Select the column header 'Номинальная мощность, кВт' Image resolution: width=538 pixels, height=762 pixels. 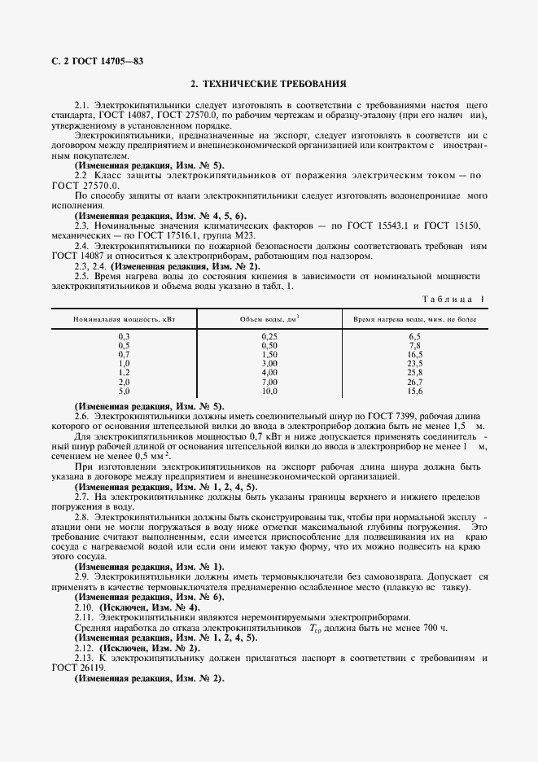124,321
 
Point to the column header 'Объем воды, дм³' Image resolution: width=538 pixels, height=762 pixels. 269,321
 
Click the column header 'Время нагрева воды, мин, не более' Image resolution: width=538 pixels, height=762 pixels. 414,321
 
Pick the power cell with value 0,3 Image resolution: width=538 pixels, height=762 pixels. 124,336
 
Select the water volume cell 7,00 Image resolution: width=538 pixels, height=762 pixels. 269,381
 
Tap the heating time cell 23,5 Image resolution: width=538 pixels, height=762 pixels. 414,363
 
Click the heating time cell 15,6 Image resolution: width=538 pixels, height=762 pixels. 414,390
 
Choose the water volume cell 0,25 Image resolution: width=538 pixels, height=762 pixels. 269,336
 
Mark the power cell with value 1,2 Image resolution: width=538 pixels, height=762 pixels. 124,372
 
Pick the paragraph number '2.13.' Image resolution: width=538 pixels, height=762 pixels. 84,659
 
